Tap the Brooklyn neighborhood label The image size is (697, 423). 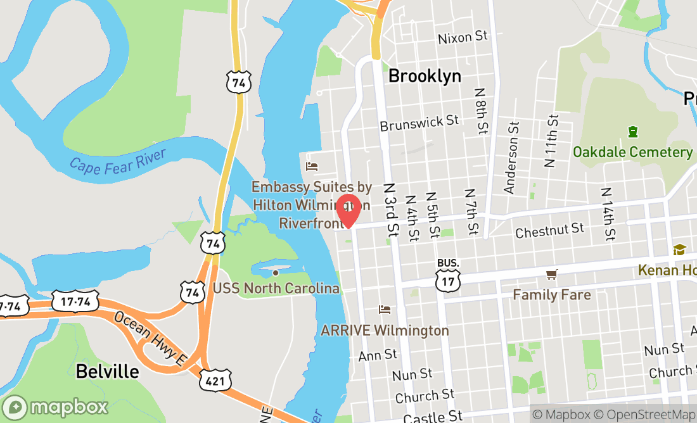point(425,77)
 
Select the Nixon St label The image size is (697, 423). point(463,37)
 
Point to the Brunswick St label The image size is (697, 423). point(419,123)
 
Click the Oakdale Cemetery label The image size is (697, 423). point(632,152)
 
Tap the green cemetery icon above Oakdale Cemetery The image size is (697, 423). point(632,132)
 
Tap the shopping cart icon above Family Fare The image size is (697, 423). point(551,274)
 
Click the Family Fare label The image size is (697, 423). point(551,294)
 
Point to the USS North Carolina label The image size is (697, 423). point(276,289)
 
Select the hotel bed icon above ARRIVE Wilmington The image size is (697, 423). point(385,310)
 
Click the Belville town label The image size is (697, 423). point(107,371)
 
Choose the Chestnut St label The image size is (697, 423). point(549,230)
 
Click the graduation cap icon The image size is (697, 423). point(679,249)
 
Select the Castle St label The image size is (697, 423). point(433,416)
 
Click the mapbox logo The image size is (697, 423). point(55,407)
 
